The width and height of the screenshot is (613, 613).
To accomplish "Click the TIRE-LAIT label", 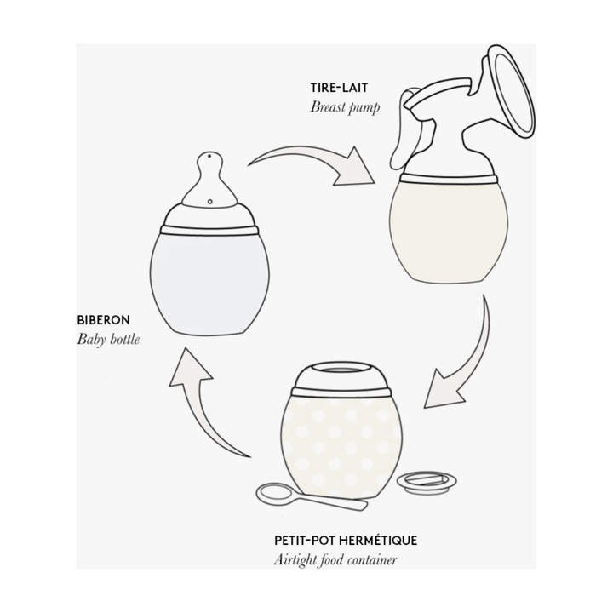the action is tap(339, 88).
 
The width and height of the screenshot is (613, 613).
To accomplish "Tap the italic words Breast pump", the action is tap(345, 107).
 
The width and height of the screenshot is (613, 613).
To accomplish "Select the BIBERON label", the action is tap(103, 320).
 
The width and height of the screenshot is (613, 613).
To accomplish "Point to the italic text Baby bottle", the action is tap(108, 339).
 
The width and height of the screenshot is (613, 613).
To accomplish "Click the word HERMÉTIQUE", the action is tap(378, 541).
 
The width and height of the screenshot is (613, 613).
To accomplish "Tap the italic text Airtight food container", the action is tap(335, 560).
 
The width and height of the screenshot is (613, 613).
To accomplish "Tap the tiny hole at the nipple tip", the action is tap(210, 156).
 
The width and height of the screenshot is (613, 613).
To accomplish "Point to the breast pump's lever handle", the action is tap(404, 129).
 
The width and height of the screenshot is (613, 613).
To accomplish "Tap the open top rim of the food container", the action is tap(341, 369).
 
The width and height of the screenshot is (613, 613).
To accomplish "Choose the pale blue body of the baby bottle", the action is tap(209, 284).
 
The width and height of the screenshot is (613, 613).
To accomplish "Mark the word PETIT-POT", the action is tap(304, 541).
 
